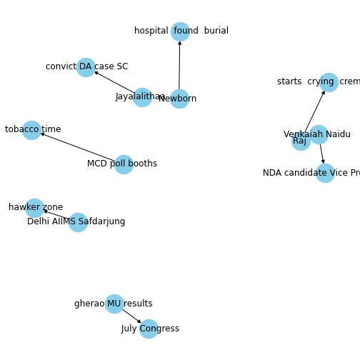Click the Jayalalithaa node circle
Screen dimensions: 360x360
143,98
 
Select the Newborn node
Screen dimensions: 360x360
179,99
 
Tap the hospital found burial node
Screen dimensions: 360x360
180,31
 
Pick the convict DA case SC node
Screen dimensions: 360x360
86,67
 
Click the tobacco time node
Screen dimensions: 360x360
31,130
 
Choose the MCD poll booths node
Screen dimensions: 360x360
124,164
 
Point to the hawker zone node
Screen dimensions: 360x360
34,208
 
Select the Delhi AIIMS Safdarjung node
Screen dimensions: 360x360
78,222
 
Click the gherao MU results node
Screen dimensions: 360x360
114,304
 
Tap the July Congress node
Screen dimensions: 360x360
149,329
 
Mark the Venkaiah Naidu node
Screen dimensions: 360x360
319,134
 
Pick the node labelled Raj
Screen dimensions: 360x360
301,141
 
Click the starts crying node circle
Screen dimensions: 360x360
328,82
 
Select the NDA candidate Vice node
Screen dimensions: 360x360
325,173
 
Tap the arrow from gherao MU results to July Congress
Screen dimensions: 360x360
131,316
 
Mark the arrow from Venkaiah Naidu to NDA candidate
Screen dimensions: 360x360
321,154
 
